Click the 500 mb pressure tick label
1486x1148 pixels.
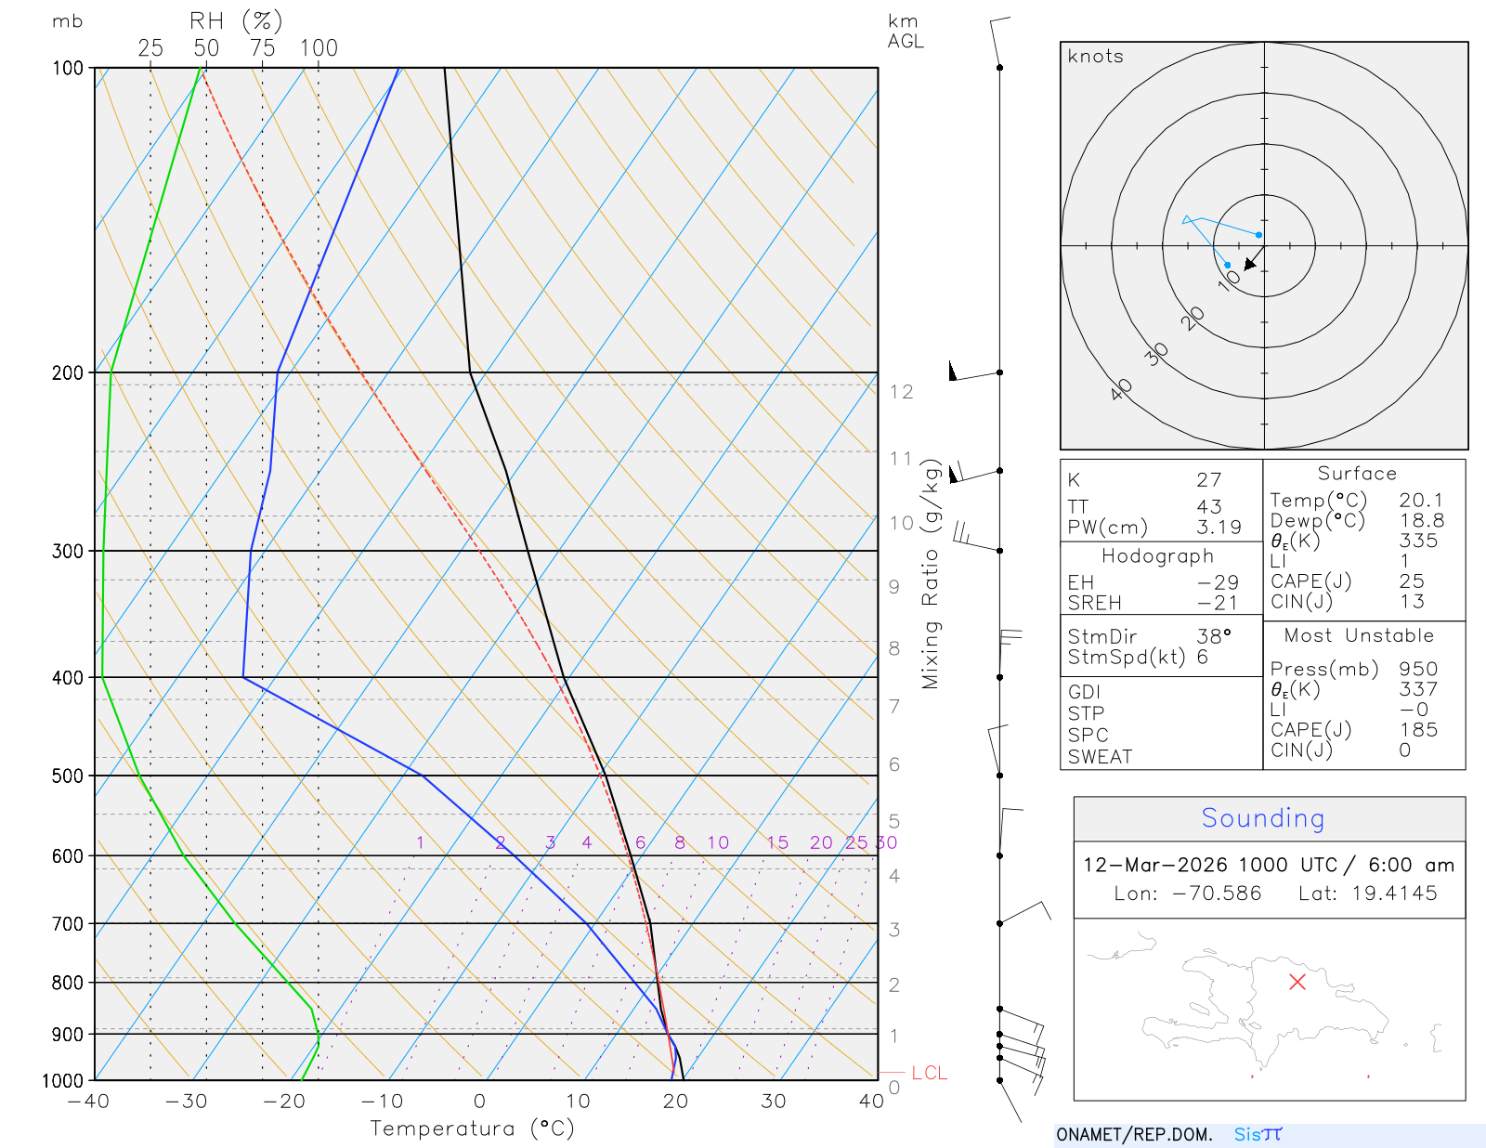[67, 776]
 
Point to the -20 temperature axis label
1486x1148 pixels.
[283, 1102]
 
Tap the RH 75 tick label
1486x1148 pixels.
[262, 48]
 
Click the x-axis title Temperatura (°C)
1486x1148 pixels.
[472, 1128]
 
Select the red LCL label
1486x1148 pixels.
[929, 1073]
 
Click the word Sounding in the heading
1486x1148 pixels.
[1262, 818]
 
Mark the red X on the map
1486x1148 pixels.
[1297, 982]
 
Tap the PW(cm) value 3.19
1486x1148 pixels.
[1219, 528]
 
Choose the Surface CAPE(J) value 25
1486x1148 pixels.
[1412, 581]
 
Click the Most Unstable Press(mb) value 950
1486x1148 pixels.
[1418, 669]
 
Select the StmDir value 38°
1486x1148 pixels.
[1214, 636]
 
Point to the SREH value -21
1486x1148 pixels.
[1218, 603]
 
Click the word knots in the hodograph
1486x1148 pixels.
[1096, 57]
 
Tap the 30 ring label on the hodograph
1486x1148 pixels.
[1156, 354]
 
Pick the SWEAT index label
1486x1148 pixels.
[1100, 757]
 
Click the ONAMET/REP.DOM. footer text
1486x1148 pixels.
[1134, 1134]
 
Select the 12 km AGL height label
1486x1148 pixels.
[901, 392]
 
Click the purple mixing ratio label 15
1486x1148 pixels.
[777, 842]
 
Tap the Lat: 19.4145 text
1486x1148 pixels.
[1367, 894]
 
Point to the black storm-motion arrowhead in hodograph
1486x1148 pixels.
[1250, 265]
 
